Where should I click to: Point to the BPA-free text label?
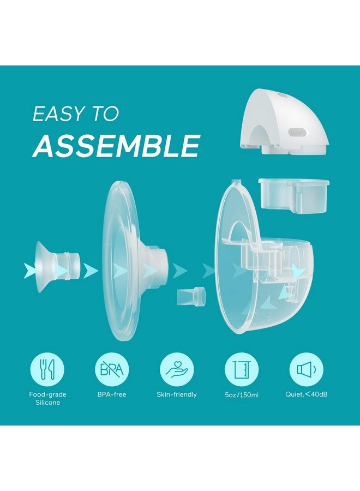(x=112, y=394)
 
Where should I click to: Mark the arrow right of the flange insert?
(x=91, y=270)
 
